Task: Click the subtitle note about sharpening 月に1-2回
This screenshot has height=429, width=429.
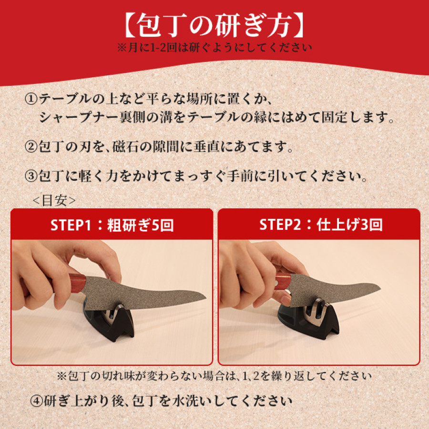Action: point(214,48)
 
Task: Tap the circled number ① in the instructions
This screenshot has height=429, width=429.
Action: point(30,99)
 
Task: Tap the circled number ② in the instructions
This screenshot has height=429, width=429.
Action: point(30,146)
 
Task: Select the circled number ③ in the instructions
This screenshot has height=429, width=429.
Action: point(30,176)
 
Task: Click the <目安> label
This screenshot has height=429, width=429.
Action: point(53,200)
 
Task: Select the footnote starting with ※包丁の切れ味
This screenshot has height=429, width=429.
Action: point(214,376)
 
